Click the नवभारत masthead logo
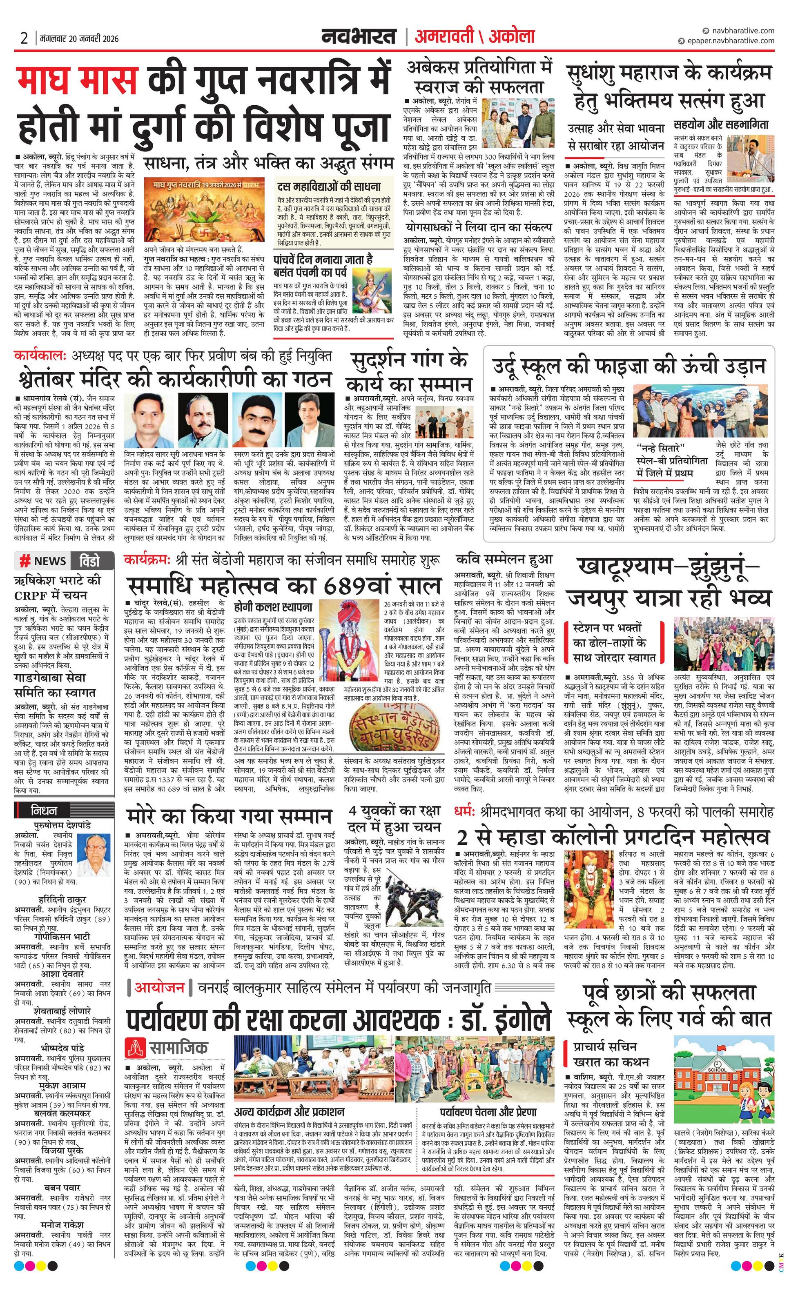point(359,36)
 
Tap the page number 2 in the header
point(24,38)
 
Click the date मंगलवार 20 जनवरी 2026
point(79,38)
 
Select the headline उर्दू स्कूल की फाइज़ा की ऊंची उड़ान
point(629,365)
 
